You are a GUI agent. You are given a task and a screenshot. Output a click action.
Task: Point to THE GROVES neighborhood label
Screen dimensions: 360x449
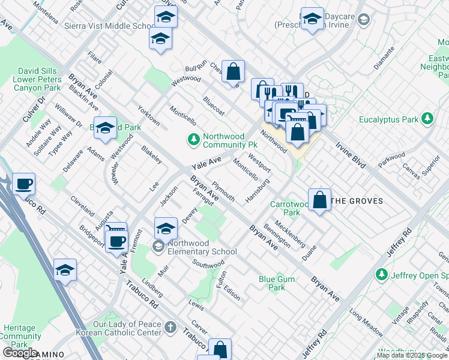[357, 201]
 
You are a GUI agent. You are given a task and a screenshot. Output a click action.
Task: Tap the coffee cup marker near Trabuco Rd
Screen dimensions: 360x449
[23, 184]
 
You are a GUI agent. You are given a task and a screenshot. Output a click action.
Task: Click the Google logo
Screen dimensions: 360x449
[20, 353]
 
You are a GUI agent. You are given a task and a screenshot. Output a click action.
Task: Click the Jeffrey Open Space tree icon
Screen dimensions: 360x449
[381, 274]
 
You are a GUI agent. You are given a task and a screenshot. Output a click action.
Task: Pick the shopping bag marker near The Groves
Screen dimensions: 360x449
[320, 200]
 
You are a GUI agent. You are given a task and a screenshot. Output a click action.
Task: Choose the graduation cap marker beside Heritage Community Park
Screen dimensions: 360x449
[65, 271]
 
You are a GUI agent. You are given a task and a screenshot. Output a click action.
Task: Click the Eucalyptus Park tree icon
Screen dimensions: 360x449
[427, 118]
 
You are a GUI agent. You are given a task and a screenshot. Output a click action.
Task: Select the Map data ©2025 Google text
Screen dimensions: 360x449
[412, 355]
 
